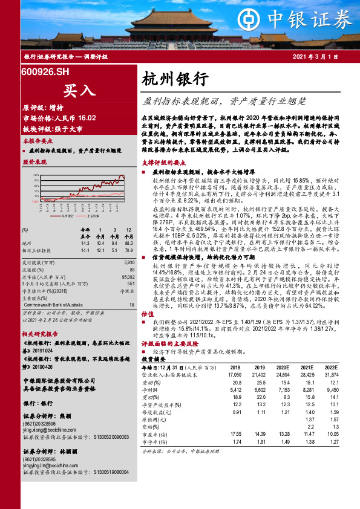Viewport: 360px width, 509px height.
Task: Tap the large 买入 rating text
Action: click(79, 90)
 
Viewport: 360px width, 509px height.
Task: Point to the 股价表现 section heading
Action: click(34, 163)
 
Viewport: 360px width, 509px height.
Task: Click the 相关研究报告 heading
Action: click(40, 334)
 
